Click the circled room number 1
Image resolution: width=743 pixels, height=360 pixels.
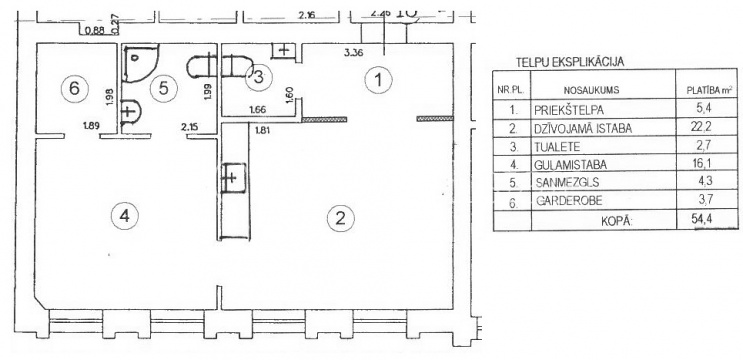[378, 80]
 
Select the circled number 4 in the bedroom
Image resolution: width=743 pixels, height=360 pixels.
[124, 216]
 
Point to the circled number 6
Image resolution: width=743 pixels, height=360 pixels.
[75, 88]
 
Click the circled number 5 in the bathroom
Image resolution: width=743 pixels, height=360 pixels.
[164, 88]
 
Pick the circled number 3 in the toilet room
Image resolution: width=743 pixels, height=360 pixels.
[259, 77]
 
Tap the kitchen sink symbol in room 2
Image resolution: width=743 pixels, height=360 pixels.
[232, 178]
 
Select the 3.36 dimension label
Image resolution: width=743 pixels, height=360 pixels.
[353, 53]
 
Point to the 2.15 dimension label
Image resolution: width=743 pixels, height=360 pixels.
[189, 126]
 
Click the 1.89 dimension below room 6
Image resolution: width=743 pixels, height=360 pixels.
[91, 126]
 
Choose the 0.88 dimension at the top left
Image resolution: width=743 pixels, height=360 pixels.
[94, 33]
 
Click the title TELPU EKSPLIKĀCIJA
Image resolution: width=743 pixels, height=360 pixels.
[570, 62]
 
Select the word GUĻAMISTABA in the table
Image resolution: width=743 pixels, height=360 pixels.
[571, 164]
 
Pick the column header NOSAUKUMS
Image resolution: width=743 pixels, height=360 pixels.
[591, 90]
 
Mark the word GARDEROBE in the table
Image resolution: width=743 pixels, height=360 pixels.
[569, 200]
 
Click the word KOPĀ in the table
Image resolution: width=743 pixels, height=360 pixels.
[617, 221]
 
